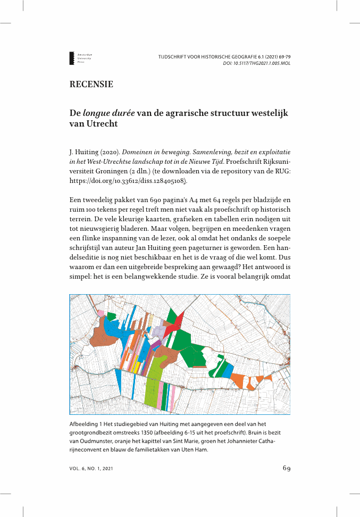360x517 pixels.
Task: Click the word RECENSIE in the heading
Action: pyautogui.click(x=91, y=85)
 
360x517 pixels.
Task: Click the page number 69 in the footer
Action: pyautogui.click(x=286, y=469)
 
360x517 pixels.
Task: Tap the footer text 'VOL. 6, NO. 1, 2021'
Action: pyautogui.click(x=91, y=469)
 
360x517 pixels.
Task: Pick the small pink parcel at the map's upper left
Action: pyautogui.click(x=101, y=313)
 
